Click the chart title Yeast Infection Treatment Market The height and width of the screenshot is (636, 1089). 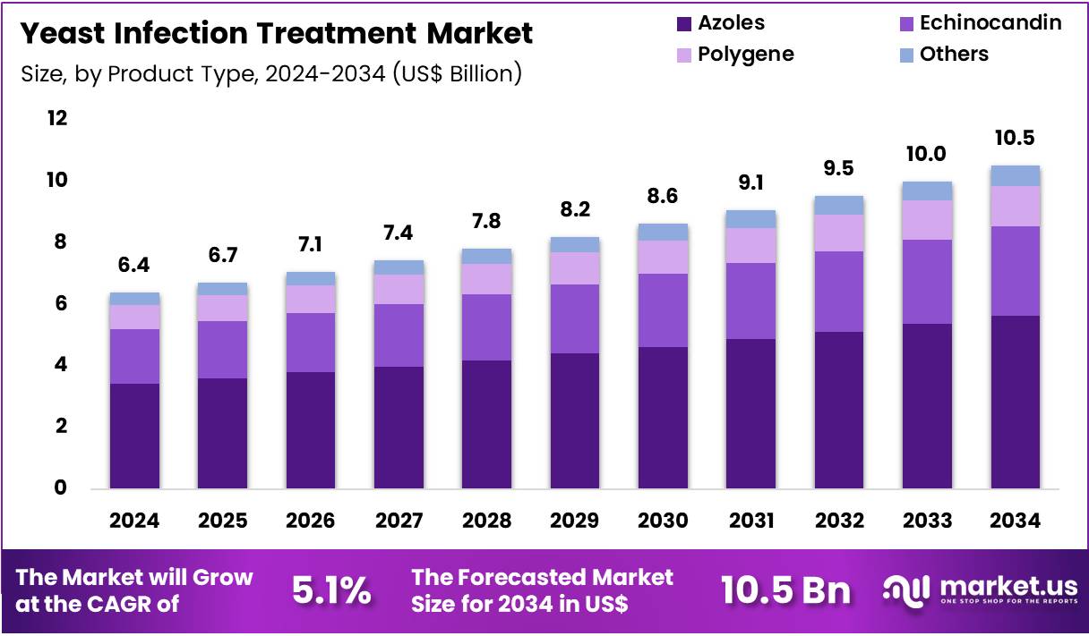click(276, 33)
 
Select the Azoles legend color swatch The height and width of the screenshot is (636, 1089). click(683, 23)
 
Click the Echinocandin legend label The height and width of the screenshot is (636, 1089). click(990, 23)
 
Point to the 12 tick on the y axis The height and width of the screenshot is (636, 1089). click(57, 118)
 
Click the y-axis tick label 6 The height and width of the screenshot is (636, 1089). click(61, 303)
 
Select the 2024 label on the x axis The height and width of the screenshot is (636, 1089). click(134, 521)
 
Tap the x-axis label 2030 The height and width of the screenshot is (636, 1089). click(663, 521)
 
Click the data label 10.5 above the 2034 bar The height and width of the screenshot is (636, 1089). click(1015, 138)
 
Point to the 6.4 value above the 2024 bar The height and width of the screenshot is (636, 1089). click(134, 265)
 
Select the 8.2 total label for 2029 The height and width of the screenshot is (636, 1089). click(575, 209)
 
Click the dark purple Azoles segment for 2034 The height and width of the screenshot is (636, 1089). click(1015, 402)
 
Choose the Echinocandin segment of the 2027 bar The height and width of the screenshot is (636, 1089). click(399, 335)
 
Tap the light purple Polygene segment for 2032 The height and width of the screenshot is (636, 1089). click(839, 233)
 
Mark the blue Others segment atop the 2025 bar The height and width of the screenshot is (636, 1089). click(222, 289)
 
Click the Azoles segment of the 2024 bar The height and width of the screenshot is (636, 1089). click(134, 436)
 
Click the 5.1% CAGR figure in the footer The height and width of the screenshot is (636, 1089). click(331, 591)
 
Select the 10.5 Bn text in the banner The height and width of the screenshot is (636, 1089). click(785, 591)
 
